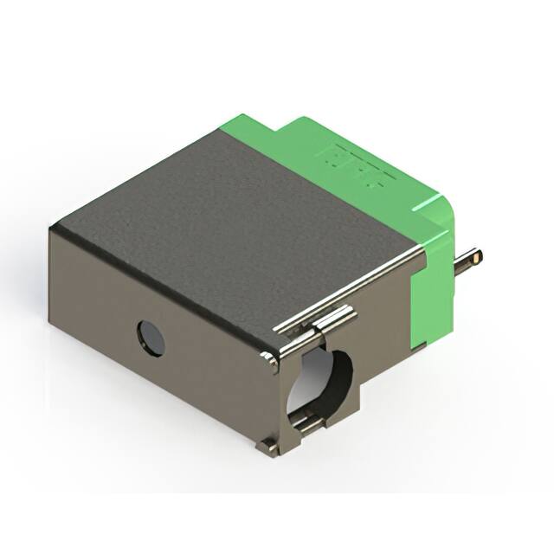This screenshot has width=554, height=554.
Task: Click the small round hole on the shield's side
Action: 151,338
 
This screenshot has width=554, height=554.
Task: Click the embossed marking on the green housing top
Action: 355,164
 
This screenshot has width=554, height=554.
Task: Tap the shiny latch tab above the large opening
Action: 333,320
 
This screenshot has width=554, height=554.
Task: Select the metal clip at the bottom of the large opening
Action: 307,422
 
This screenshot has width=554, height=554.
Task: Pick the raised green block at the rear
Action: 346,151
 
